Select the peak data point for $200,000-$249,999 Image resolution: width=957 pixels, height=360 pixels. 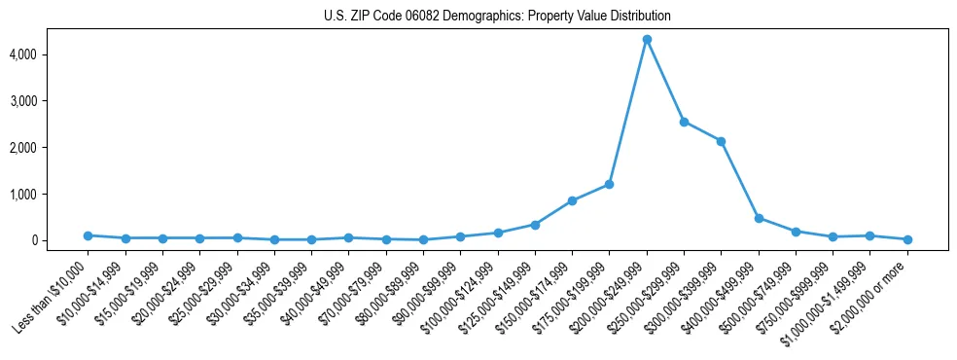click(x=647, y=39)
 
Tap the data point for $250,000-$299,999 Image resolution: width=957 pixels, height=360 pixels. click(x=684, y=122)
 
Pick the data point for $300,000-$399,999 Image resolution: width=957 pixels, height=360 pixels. click(x=721, y=141)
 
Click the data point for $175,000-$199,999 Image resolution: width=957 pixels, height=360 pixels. click(x=609, y=184)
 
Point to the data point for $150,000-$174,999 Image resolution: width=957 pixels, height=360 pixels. click(x=572, y=200)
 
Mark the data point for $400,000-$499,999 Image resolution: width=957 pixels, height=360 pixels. click(x=759, y=218)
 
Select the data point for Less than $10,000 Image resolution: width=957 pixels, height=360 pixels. click(x=88, y=235)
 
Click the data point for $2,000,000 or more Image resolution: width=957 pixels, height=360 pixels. click(x=907, y=239)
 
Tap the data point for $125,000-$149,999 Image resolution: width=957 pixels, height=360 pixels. click(x=535, y=225)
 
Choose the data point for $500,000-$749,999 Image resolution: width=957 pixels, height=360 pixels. click(x=796, y=232)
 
